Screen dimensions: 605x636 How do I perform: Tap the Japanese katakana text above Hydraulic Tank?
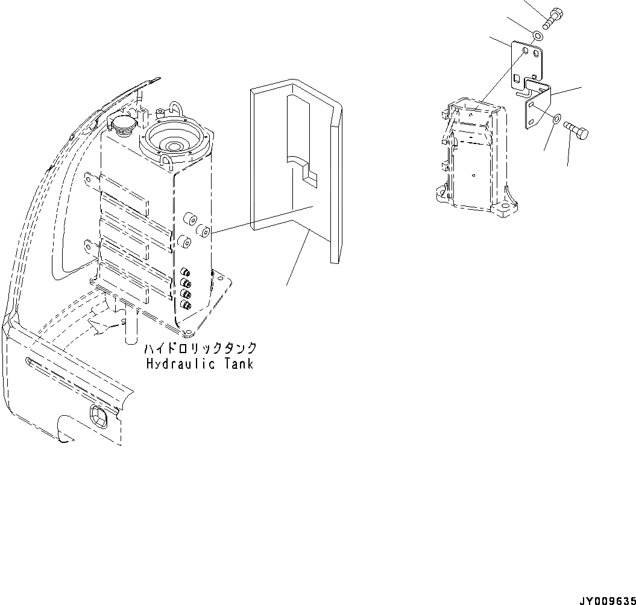click(x=200, y=349)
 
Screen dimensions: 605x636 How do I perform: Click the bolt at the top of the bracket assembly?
click(x=555, y=16)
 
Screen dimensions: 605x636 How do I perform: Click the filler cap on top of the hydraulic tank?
click(x=122, y=126)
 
